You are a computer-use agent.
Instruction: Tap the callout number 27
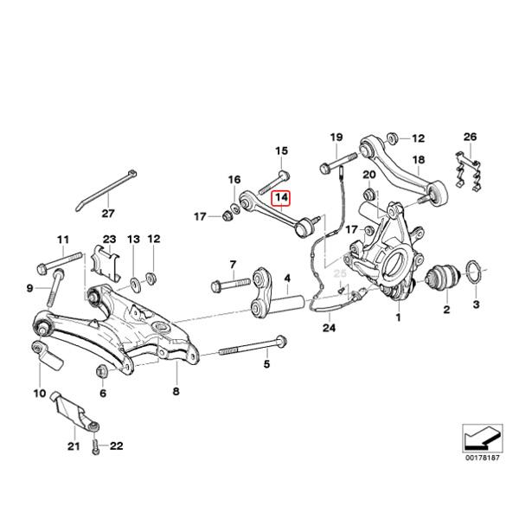pos(108,214)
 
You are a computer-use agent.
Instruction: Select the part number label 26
pos(470,138)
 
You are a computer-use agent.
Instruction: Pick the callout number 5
pos(266,363)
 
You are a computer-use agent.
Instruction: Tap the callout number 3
pos(475,306)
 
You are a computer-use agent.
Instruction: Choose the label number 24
pos(328,328)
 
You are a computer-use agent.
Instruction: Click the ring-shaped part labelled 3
pos(474,276)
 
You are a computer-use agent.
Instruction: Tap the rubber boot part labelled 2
pos(446,280)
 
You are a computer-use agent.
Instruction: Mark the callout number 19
pos(336,138)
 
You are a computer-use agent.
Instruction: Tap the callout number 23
pos(108,239)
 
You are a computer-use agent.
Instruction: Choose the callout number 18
pos(419,160)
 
